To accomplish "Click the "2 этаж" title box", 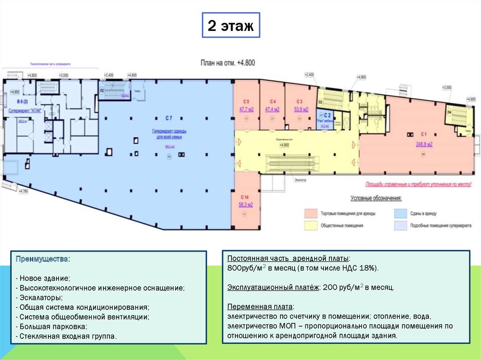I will (x=230, y=26).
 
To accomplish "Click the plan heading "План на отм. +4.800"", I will (x=228, y=62).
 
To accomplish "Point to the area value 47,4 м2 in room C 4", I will (x=272, y=110).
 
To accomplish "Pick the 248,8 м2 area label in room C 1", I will (x=424, y=145).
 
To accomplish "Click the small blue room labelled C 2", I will (x=325, y=118).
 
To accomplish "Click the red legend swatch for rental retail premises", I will (x=310, y=213).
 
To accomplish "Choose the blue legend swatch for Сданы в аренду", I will (x=400, y=213).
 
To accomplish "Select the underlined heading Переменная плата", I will (x=260, y=306).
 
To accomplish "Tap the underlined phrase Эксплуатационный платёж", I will (x=272, y=287).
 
